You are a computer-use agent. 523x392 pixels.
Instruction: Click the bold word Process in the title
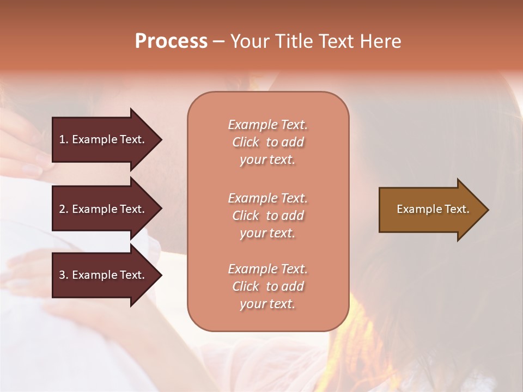click(x=171, y=41)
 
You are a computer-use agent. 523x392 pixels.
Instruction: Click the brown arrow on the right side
click(x=430, y=210)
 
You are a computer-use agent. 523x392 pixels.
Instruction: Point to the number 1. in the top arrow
click(x=64, y=139)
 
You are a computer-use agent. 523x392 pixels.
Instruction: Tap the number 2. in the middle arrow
click(x=64, y=209)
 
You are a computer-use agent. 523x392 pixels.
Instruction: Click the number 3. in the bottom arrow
click(x=64, y=275)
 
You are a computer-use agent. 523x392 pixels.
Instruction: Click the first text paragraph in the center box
click(x=267, y=142)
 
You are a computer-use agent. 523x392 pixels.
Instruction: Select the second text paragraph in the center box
click(x=267, y=216)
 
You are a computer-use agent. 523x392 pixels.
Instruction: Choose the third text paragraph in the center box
click(x=267, y=286)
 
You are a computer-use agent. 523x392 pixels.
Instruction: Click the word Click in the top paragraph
click(x=246, y=142)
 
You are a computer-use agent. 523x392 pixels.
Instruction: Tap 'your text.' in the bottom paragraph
click(x=267, y=304)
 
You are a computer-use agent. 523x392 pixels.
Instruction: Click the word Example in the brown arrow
click(x=417, y=209)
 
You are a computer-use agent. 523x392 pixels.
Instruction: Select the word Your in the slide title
click(x=249, y=41)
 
